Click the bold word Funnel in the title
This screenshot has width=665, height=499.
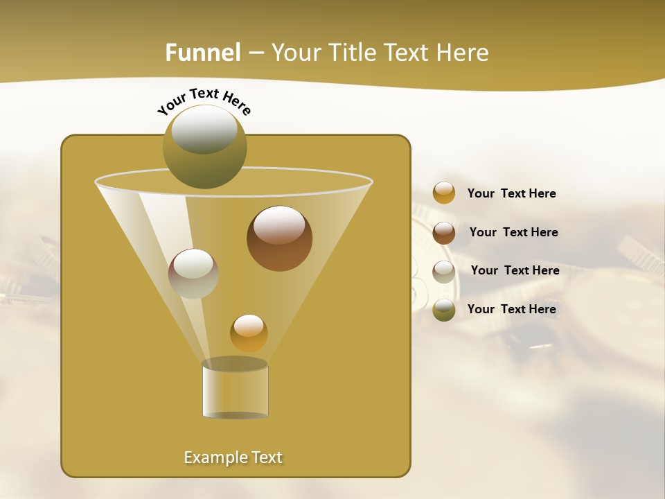click(203, 53)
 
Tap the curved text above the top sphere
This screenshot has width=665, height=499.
click(204, 100)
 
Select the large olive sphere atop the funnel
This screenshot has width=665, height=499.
click(204, 147)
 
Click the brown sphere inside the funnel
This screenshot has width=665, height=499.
click(279, 238)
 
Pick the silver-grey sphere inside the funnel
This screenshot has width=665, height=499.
click(193, 273)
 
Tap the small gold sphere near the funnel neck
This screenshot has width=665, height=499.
click(249, 333)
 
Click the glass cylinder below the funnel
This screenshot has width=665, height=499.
click(235, 392)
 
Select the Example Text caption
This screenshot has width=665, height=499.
click(233, 457)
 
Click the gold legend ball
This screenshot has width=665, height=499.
click(444, 193)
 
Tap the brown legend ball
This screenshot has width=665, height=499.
click(444, 232)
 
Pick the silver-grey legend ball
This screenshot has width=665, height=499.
click(444, 271)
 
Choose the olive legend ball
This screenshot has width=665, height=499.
click(444, 310)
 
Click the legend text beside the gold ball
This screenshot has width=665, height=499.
click(511, 193)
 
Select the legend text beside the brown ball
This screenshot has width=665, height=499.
click(513, 232)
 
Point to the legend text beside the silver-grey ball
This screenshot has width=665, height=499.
click(515, 270)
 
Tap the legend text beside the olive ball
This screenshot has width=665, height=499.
click(511, 309)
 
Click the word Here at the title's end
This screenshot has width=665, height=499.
click(464, 53)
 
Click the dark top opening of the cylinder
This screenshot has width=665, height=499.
click(235, 364)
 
